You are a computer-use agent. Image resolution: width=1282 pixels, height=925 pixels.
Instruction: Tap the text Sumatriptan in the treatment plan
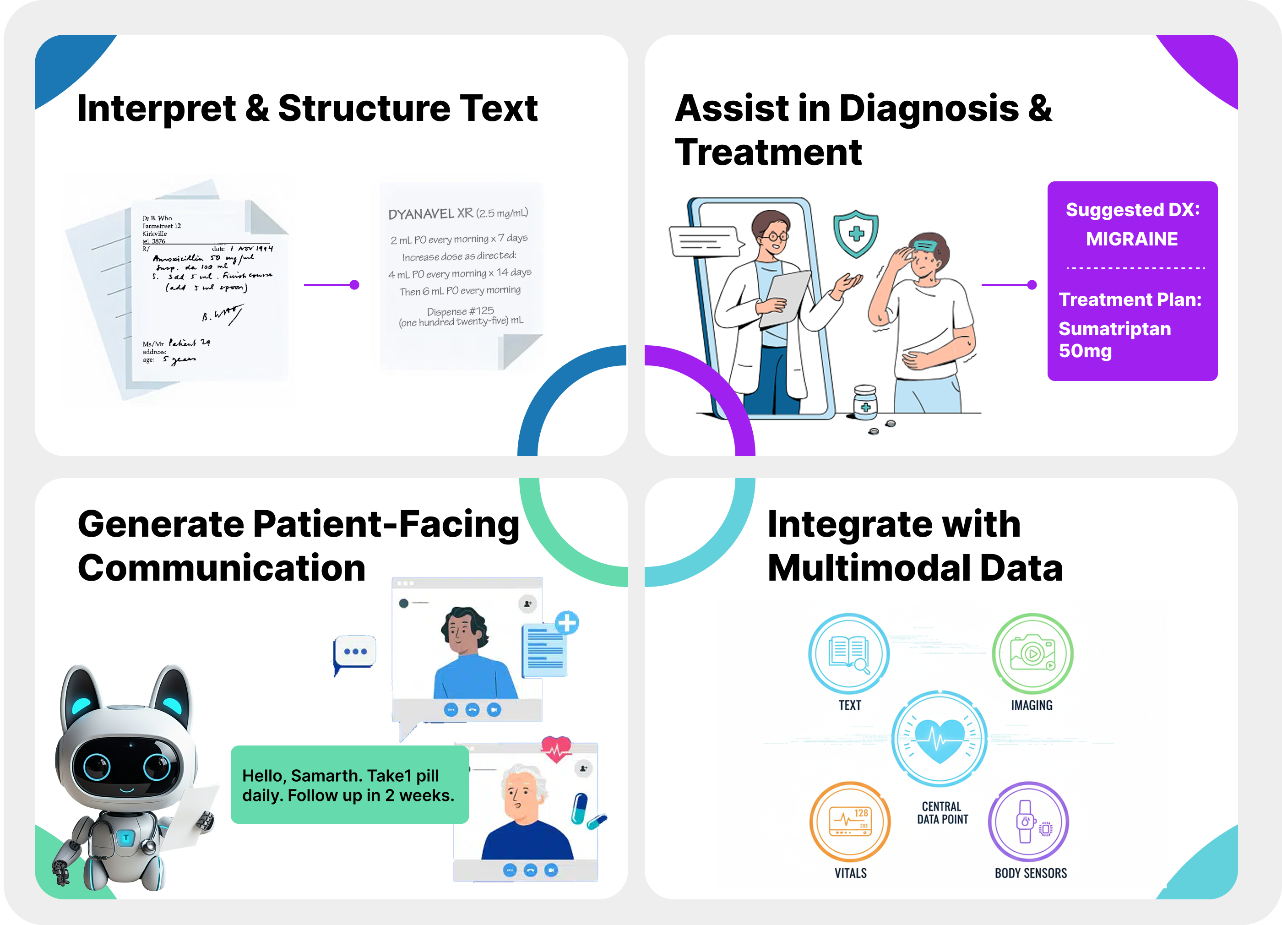click(1114, 329)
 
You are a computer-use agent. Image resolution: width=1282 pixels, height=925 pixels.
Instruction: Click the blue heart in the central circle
click(940, 739)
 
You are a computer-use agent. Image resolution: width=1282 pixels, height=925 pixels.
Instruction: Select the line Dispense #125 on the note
click(460, 311)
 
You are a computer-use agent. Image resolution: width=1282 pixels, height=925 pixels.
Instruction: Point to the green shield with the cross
click(856, 233)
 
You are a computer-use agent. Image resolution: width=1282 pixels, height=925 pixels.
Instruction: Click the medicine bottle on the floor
click(865, 403)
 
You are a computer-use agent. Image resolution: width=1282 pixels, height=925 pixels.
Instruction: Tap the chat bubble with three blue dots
click(355, 652)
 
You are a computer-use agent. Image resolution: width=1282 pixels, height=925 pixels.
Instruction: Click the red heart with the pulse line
click(556, 749)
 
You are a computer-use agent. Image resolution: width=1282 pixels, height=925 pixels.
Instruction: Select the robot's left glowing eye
click(97, 767)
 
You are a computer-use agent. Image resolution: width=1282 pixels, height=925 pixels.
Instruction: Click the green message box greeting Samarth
click(349, 785)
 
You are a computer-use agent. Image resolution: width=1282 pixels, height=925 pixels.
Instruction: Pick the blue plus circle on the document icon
click(566, 623)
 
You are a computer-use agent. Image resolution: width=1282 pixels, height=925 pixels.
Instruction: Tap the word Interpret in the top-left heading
click(156, 109)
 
